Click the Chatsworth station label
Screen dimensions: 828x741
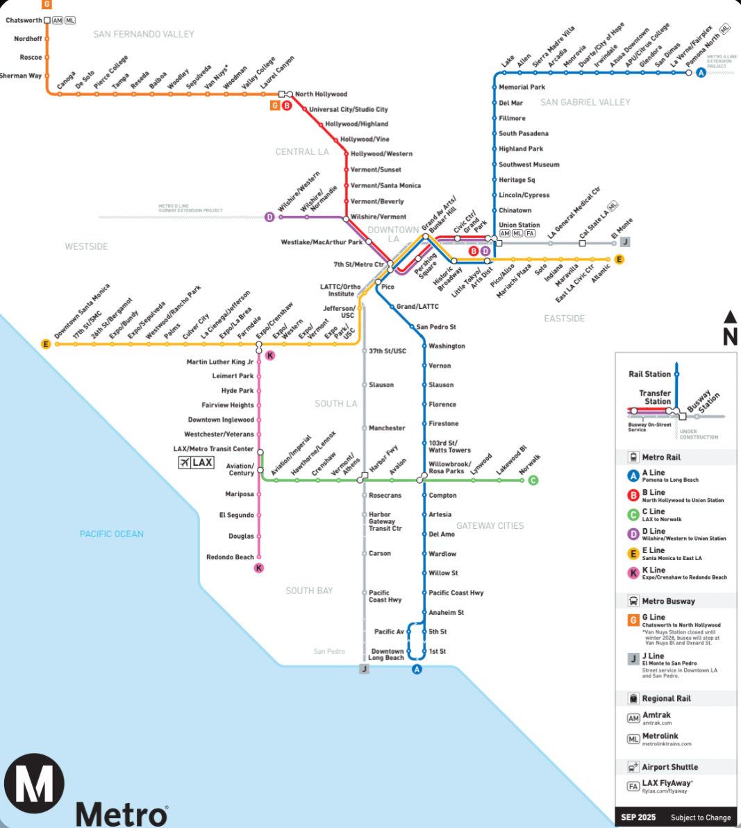pyautogui.click(x=24, y=20)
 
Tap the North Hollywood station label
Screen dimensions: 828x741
pyautogui.click(x=321, y=94)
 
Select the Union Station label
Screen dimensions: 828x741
pyautogui.click(x=519, y=225)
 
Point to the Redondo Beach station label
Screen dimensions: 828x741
pyautogui.click(x=230, y=557)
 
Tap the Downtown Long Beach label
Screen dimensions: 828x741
pyautogui.click(x=386, y=654)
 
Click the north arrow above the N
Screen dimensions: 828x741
pyautogui.click(x=730, y=317)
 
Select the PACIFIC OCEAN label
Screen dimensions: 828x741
pyautogui.click(x=111, y=534)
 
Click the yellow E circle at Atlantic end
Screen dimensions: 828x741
pyautogui.click(x=619, y=260)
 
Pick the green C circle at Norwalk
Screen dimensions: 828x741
pyautogui.click(x=533, y=480)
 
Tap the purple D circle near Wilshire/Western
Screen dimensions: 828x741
pyautogui.click(x=269, y=217)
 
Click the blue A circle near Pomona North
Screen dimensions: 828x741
pyautogui.click(x=701, y=72)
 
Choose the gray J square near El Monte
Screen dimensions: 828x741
pyautogui.click(x=625, y=242)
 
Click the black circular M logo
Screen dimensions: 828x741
pyautogui.click(x=34, y=784)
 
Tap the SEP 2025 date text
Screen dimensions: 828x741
pyautogui.click(x=638, y=817)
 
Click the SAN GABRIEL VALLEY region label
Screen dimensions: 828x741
pyautogui.click(x=585, y=102)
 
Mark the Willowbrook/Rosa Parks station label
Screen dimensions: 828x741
pyautogui.click(x=449, y=468)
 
